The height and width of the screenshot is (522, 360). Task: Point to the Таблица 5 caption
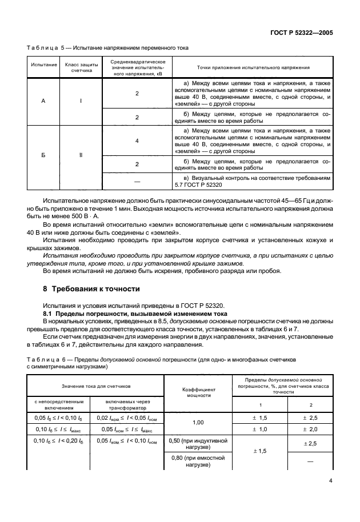pyautogui.click(x=108, y=47)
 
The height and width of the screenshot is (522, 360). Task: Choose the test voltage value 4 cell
pyautogui.click(x=137, y=140)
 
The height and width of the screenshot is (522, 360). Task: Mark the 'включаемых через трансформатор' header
pyautogui.click(x=130, y=404)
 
